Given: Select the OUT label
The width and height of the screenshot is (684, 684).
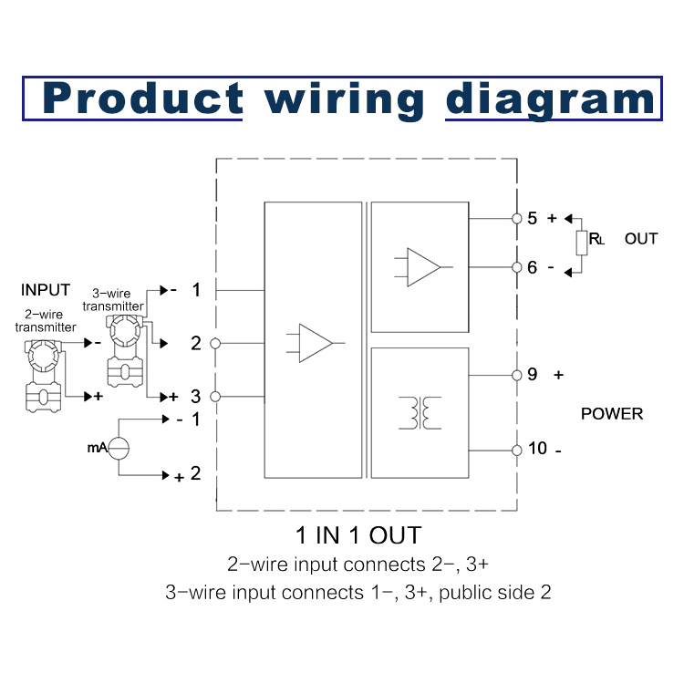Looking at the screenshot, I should [x=641, y=239].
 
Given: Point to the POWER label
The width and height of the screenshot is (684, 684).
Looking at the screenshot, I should [x=612, y=414].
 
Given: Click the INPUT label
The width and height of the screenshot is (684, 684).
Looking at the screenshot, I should [x=46, y=290].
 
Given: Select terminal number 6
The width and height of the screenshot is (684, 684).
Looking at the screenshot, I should [x=532, y=267].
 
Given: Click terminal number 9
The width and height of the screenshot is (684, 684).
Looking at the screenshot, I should [x=532, y=375].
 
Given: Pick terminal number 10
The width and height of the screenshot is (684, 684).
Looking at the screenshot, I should [x=537, y=449].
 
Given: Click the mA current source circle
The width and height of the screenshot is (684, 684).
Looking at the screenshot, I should [x=121, y=447].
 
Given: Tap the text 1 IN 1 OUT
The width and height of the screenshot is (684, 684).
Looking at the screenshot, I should [x=358, y=534].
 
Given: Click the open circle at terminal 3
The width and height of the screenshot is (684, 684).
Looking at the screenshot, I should [x=215, y=397].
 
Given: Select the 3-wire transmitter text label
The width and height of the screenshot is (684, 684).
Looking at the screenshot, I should [x=114, y=300].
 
